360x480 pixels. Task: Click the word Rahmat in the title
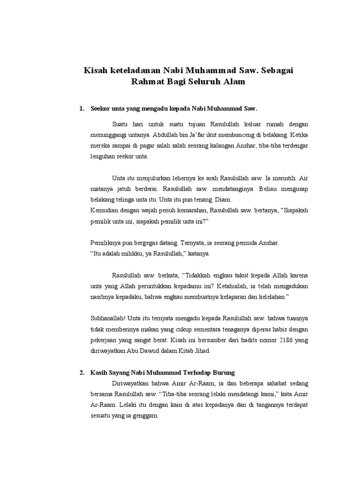tap(148, 82)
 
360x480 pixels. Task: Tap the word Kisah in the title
tap(97, 70)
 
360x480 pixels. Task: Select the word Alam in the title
tap(234, 82)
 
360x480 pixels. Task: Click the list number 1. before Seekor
tap(82, 108)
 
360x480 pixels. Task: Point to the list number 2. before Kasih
tap(82, 373)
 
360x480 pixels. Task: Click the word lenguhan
tap(102, 157)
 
